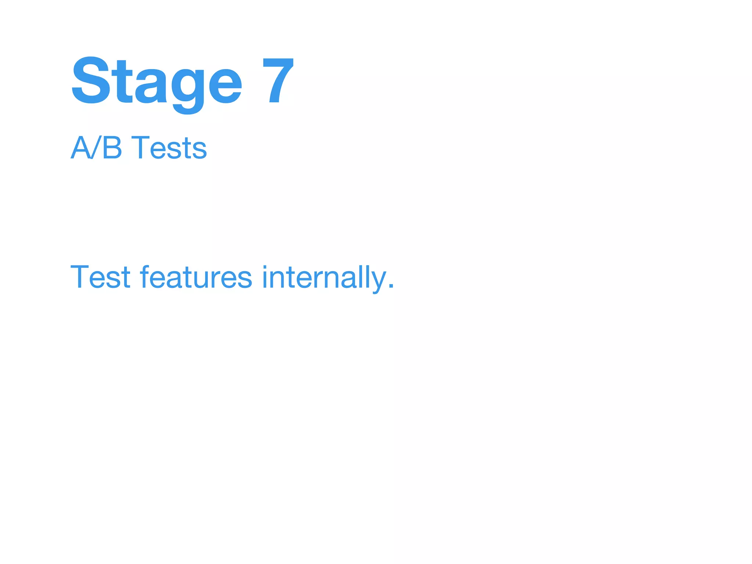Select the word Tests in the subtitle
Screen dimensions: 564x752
click(169, 148)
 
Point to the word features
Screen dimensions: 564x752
click(196, 277)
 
